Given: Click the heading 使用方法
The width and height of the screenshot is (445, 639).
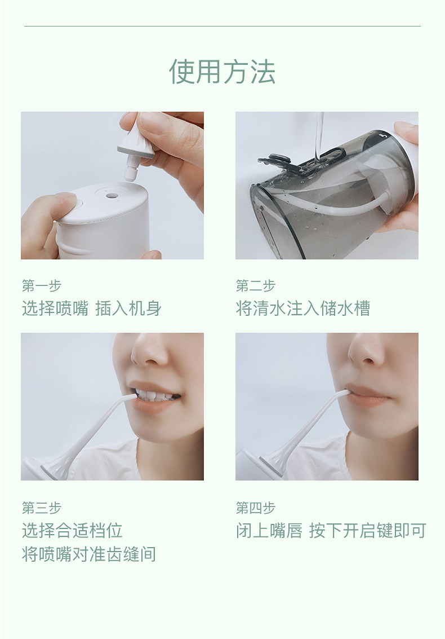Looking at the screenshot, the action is [x=222, y=72].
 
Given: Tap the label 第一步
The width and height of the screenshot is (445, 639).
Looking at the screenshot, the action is [x=42, y=286].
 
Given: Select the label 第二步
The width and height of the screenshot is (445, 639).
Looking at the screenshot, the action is [x=256, y=286].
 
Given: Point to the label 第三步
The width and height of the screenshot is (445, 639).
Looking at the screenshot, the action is [x=42, y=508].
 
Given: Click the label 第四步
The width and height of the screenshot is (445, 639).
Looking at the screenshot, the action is [x=256, y=508].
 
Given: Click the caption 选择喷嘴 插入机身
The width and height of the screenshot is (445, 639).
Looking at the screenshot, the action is [x=92, y=308].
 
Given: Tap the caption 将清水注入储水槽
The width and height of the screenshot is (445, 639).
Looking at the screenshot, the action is [x=303, y=308].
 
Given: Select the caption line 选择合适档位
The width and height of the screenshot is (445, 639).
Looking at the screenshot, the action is [x=72, y=530].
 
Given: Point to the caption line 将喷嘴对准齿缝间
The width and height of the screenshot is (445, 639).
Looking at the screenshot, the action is [x=89, y=554].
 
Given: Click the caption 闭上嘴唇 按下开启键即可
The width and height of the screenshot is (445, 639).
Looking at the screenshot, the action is [x=331, y=530].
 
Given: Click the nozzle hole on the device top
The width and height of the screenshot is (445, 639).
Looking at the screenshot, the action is [x=110, y=195].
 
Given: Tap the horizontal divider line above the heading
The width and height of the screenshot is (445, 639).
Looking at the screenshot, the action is [x=222, y=27].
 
